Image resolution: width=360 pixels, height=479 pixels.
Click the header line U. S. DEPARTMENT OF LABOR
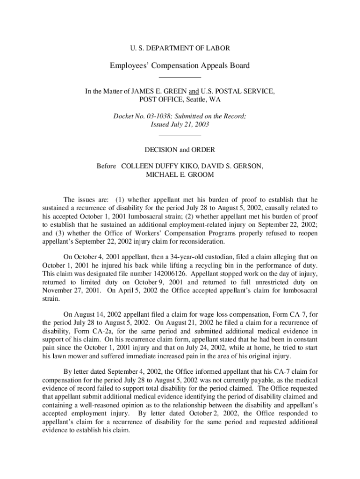tap(180, 48)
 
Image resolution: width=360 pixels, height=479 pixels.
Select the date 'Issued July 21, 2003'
tap(180, 125)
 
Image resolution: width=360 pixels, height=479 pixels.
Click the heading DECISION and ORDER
tap(180, 150)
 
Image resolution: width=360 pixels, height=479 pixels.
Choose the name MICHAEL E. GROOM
tap(180, 174)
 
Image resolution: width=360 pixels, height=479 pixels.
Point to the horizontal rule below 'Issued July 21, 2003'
tap(180, 136)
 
